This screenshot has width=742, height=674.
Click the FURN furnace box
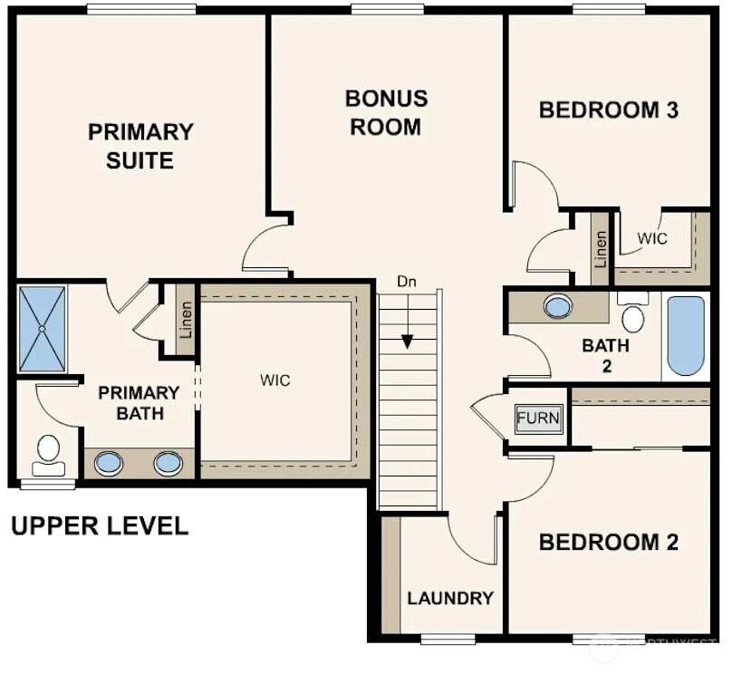[x=538, y=419]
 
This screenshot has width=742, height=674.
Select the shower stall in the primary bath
[x=42, y=328]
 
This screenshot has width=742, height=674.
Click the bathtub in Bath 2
[x=686, y=335]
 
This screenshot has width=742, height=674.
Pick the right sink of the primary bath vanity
[x=168, y=463]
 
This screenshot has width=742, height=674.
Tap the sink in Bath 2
[x=558, y=306]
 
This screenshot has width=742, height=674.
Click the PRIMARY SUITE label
[x=140, y=146]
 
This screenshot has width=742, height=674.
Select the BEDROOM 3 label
[x=608, y=111]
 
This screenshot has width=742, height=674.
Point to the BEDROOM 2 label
[x=608, y=543]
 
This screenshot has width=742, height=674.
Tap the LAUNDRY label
[x=450, y=598]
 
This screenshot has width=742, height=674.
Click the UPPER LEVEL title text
[x=100, y=525]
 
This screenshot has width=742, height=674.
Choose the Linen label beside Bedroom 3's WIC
[x=601, y=249]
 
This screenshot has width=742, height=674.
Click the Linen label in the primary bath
[x=186, y=321]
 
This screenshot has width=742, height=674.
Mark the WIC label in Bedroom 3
[x=652, y=239]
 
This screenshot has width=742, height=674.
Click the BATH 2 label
[x=606, y=355]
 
